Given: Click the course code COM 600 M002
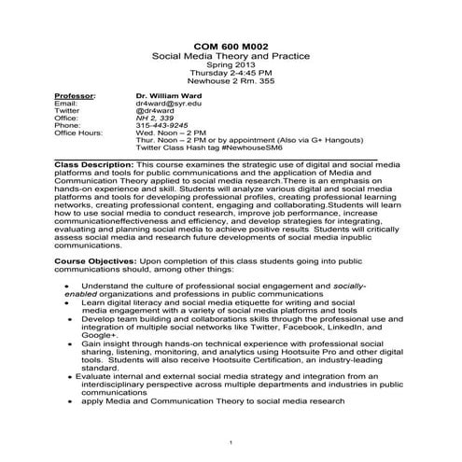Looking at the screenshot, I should (231, 44).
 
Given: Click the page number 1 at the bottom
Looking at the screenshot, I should (231, 441).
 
